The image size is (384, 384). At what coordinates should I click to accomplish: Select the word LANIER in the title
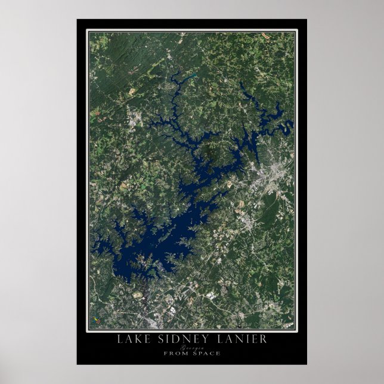coord(243,340)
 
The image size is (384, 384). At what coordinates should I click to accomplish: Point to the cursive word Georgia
coord(192,347)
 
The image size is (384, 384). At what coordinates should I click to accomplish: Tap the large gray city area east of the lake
coord(271,173)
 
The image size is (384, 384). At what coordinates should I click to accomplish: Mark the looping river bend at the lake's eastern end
coord(289,126)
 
